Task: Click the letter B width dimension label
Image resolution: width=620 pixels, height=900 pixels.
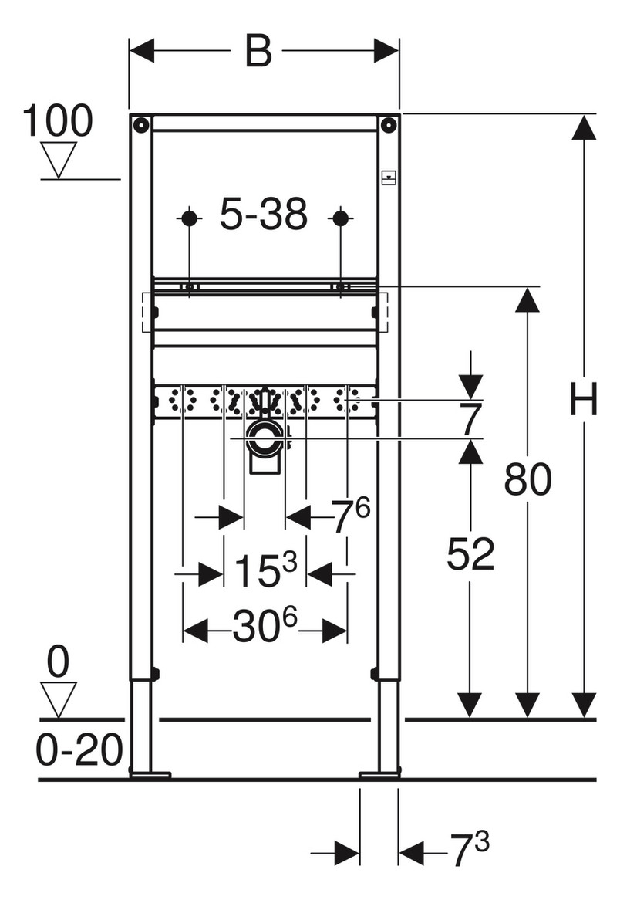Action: (258, 50)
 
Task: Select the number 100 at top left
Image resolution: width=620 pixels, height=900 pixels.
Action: (57, 120)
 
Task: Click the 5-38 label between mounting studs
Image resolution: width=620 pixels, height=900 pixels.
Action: (264, 214)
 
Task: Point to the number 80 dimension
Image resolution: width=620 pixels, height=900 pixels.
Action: (527, 479)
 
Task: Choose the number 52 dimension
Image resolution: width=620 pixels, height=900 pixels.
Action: (470, 554)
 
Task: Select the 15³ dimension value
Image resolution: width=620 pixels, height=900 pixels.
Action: (265, 570)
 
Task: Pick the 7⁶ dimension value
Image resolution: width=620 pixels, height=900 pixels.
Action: (351, 515)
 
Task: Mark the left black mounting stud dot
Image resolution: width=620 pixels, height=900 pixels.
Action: (189, 218)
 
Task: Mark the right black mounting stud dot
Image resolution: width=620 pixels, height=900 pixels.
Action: (340, 218)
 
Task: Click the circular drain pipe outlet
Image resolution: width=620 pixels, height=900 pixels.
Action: (265, 438)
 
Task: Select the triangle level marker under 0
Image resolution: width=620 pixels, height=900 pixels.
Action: (59, 699)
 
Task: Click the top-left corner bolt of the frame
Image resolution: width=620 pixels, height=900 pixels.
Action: (140, 123)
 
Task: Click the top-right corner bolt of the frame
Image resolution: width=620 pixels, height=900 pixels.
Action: (389, 123)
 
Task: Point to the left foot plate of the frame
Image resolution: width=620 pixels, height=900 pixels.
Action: (150, 774)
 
